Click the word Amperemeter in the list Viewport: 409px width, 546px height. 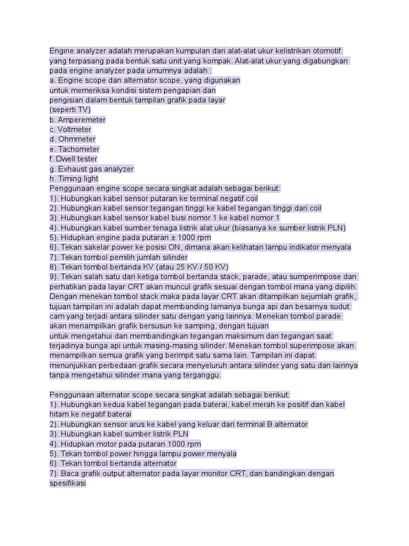[82, 120]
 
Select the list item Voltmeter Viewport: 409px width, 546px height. [75, 130]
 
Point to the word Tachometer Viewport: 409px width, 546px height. [79, 149]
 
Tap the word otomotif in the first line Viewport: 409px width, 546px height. [324, 51]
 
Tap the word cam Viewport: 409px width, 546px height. [57, 316]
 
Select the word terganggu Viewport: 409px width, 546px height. [200, 375]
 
